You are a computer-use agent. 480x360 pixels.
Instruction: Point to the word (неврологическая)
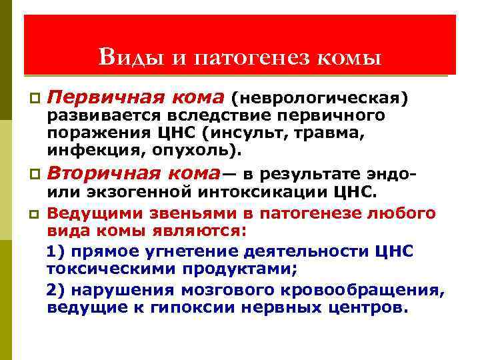click(319, 99)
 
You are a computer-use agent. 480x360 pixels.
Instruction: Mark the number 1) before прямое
click(56, 251)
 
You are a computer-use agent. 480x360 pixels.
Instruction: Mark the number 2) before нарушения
click(56, 291)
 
